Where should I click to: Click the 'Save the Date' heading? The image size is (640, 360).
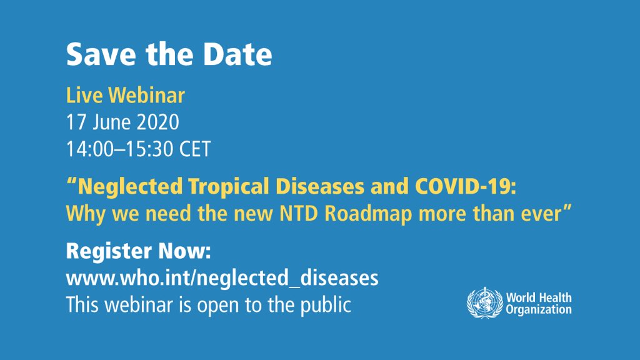coord(169,55)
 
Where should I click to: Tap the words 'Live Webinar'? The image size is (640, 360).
coord(125,96)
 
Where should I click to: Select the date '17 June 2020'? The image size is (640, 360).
coord(122,122)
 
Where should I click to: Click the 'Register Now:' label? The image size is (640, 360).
coord(139,251)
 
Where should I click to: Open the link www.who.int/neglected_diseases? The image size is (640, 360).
coord(222,278)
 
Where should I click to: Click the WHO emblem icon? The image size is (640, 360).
coord(484,303)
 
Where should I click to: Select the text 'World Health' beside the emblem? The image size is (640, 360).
coord(538,297)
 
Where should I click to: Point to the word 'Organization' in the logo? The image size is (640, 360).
coord(538,309)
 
